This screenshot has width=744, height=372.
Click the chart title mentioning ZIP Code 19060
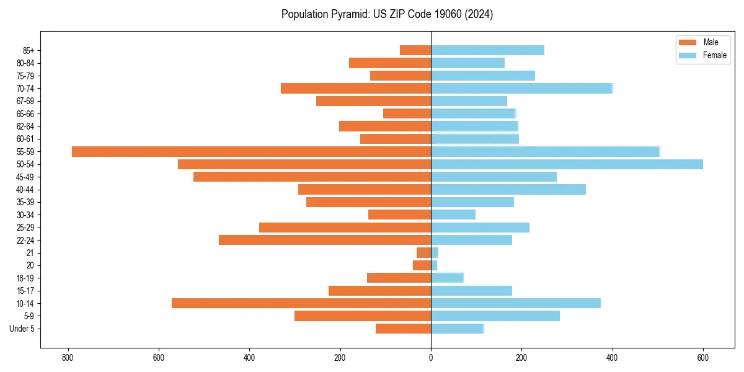[387, 14]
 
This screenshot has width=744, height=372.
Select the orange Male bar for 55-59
[251, 151]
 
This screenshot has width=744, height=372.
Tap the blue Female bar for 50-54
[567, 164]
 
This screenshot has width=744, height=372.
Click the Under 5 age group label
[22, 329]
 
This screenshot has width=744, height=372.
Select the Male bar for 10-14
[301, 303]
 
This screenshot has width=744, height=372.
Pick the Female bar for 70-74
[521, 88]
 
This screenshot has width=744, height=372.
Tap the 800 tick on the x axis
[68, 358]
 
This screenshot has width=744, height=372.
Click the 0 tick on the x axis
[431, 358]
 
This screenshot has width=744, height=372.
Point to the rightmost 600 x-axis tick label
[703, 358]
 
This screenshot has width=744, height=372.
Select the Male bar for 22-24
[325, 240]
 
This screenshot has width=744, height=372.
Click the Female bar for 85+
[487, 50]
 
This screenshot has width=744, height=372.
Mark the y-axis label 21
[30, 253]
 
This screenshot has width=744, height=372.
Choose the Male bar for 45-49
[312, 177]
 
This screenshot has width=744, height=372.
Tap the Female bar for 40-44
[508, 190]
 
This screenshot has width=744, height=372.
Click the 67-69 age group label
[26, 101]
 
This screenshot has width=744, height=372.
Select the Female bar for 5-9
[495, 316]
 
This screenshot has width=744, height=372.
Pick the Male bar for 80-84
[390, 63]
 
